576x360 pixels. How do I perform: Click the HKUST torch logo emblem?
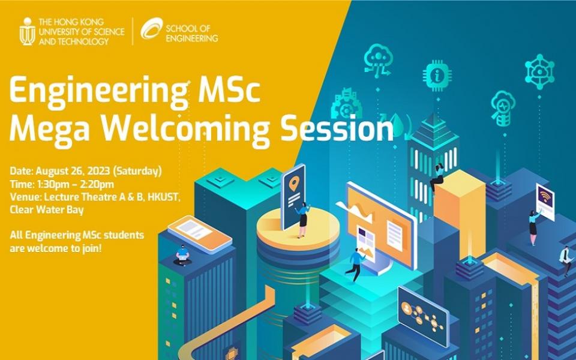pyautogui.click(x=28, y=32)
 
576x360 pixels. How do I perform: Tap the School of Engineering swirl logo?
pyautogui.click(x=151, y=29)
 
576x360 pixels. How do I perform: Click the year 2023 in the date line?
pyautogui.click(x=98, y=171)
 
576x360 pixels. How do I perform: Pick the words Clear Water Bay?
pyautogui.click(x=47, y=210)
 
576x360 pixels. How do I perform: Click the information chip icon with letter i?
pyautogui.click(x=437, y=76)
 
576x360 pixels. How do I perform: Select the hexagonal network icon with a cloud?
pyautogui.click(x=539, y=71)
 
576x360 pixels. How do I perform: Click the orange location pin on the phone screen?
pyautogui.click(x=293, y=184)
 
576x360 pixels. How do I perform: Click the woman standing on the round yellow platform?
pyautogui.click(x=302, y=219)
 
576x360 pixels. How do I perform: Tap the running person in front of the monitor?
pyautogui.click(x=355, y=264)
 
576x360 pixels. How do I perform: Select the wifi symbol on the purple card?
pyautogui.click(x=545, y=197)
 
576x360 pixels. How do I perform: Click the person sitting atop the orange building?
pyautogui.click(x=437, y=177)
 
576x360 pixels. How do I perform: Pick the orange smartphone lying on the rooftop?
pyautogui.click(x=200, y=234)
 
